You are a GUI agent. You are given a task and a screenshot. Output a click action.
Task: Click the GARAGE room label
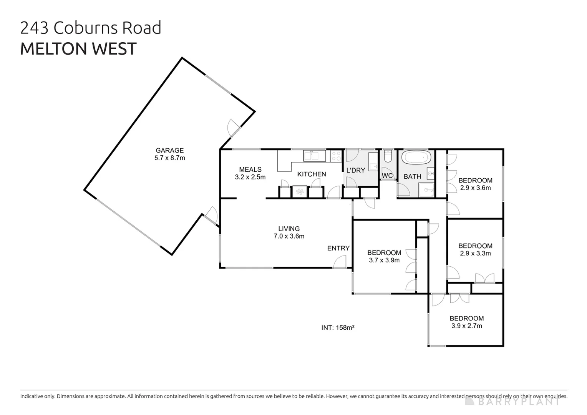coord(169,150)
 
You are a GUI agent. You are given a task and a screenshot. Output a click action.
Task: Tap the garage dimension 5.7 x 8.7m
coord(169,158)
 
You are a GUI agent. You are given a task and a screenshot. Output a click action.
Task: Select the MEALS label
coord(250,169)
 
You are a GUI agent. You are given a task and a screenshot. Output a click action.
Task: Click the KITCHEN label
coord(311,174)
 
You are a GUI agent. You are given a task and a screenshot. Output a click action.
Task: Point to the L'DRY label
coord(355,170)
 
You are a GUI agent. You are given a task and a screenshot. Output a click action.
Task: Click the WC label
coord(387,176)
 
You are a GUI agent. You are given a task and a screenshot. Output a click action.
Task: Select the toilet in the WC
coord(388,157)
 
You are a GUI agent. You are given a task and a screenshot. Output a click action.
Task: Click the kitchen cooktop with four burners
coord(336,156)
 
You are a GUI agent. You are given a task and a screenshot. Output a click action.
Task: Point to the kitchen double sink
coord(315,156)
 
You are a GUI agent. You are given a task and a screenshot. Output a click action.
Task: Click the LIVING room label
coord(289,229)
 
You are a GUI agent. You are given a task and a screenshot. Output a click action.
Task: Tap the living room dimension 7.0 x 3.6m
coord(289,236)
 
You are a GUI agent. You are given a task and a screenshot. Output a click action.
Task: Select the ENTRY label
coord(338,248)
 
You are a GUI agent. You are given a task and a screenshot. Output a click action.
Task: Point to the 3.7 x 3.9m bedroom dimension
coord(384,260)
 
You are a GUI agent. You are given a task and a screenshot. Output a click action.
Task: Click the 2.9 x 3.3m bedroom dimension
coord(475,254)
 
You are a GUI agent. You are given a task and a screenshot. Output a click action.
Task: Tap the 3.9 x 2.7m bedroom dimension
coord(466,326)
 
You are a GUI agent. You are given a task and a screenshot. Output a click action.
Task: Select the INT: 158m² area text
coord(338,328)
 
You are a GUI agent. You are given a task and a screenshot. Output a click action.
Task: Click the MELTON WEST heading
coord(78,49)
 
